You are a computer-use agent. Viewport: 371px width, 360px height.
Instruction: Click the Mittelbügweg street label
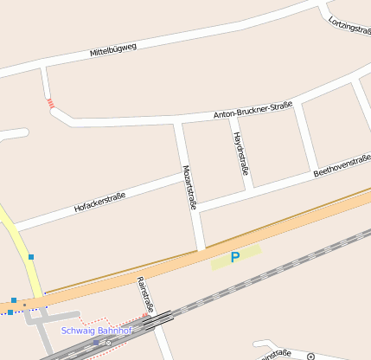pos(113,50)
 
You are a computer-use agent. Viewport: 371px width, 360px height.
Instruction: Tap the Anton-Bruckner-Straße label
pos(253,111)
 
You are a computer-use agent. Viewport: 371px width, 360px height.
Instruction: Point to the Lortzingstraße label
pos(349,25)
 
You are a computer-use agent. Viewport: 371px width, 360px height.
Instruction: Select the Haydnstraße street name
pos(241,154)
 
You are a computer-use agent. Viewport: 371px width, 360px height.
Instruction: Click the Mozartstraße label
pos(189,187)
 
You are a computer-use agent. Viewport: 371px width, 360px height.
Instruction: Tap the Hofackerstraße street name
pos(99,203)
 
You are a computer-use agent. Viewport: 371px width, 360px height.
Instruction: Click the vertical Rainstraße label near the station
pos(144,294)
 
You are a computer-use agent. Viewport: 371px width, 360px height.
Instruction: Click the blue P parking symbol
pos(234,257)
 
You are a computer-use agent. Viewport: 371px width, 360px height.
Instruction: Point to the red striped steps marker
pos(51,104)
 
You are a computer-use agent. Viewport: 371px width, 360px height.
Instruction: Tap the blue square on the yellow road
pos(31,257)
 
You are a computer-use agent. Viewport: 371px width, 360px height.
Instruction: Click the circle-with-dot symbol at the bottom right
pos(310,356)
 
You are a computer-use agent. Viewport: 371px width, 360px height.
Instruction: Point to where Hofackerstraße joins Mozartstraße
pos(185,177)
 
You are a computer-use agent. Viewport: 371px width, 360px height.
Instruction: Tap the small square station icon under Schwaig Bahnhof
pos(96,342)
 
